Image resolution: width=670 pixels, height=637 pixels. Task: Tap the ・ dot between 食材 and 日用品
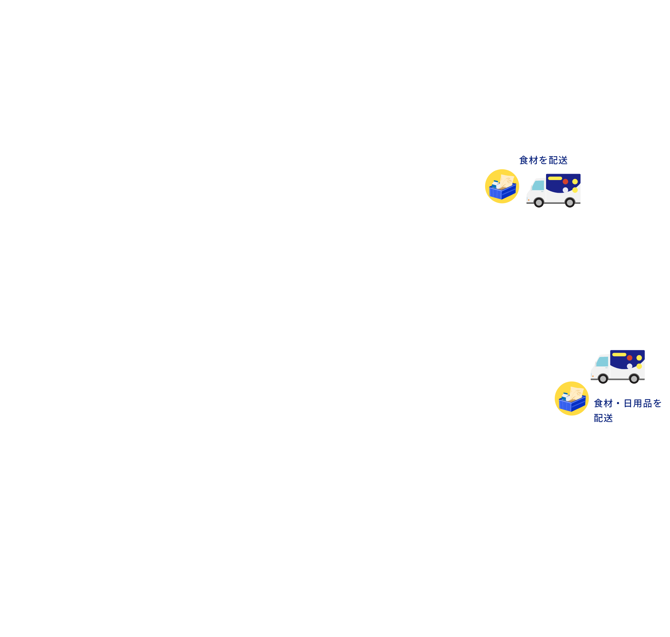[x=618, y=403]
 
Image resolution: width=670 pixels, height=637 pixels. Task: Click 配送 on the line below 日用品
[x=604, y=418]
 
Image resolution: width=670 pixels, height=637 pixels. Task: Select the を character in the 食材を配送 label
[x=543, y=160]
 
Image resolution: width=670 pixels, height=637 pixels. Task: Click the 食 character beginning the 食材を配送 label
[x=524, y=160]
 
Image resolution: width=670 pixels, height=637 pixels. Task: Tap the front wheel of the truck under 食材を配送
[x=539, y=203]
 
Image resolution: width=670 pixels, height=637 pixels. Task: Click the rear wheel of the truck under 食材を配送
[x=570, y=203]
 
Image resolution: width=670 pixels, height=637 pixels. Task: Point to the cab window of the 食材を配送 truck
[x=538, y=185]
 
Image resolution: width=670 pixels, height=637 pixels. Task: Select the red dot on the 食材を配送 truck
[x=565, y=182]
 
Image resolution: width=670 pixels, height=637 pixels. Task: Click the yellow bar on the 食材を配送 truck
[x=555, y=178]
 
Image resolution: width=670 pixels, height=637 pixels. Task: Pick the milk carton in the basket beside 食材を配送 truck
[x=495, y=184]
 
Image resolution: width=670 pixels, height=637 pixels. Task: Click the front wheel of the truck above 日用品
[x=603, y=379]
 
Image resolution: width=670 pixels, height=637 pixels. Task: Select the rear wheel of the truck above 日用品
[x=634, y=379]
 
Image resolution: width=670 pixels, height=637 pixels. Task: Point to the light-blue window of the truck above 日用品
[x=602, y=362]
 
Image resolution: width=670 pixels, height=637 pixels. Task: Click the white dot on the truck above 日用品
[x=629, y=366]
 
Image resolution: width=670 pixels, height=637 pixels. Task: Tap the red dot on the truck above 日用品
[x=629, y=358]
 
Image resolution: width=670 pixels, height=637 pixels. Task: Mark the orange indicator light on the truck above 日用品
[x=593, y=376]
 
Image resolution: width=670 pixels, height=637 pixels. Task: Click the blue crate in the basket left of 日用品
[x=572, y=404]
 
